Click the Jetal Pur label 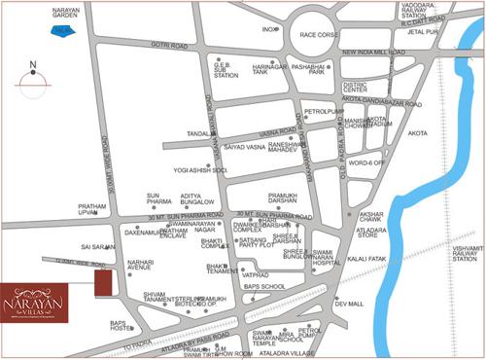click(x=452, y=31)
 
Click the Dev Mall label click(x=349, y=304)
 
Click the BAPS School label click(x=264, y=286)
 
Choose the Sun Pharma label click(x=158, y=199)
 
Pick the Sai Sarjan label click(x=98, y=247)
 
